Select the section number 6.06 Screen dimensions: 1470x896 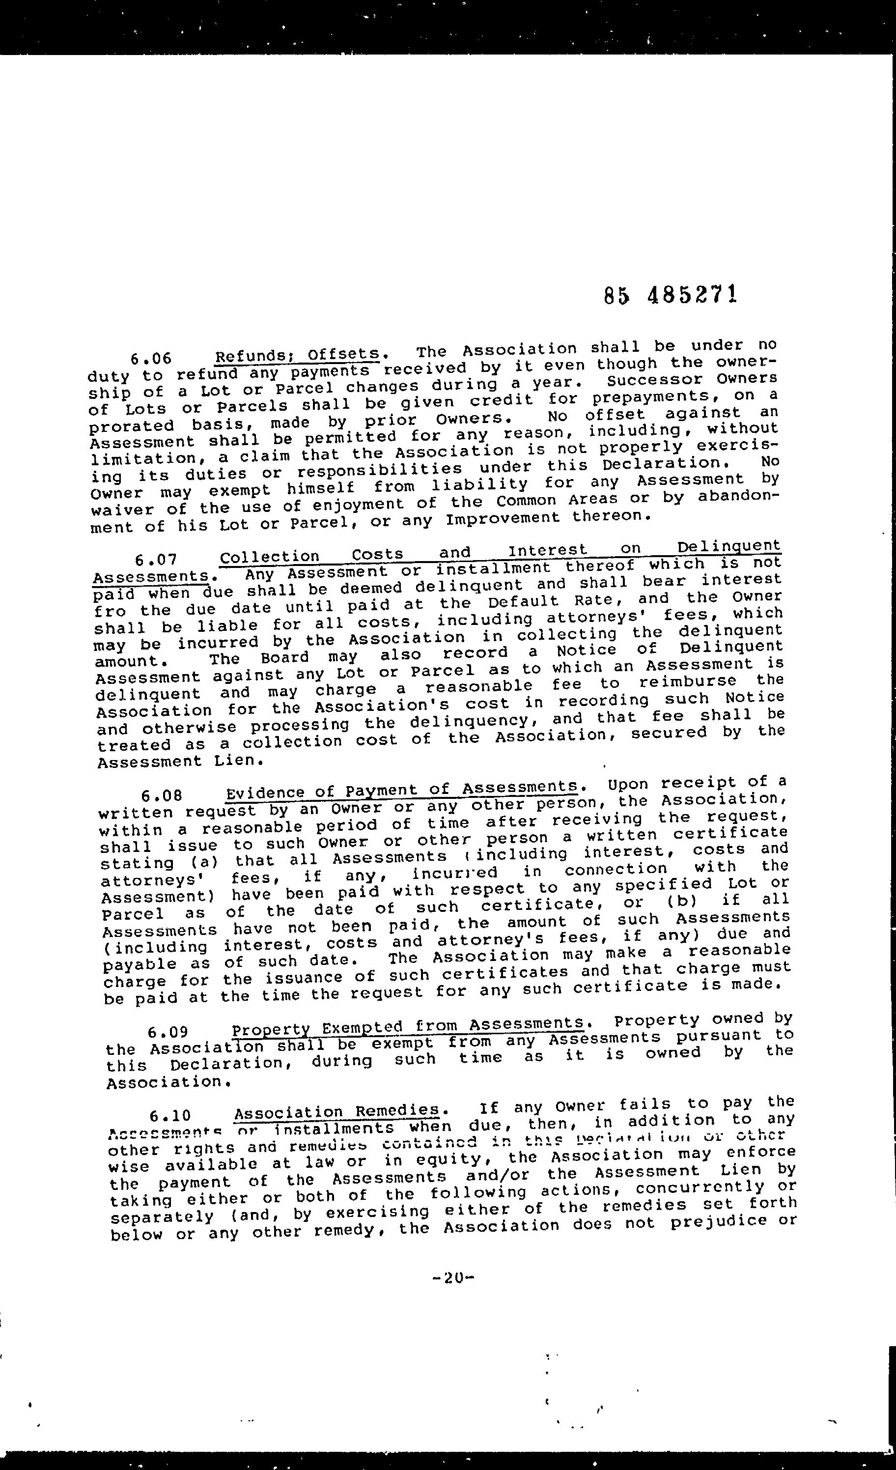151,359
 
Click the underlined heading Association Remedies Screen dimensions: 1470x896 337,1112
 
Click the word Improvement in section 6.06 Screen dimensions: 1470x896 503,518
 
